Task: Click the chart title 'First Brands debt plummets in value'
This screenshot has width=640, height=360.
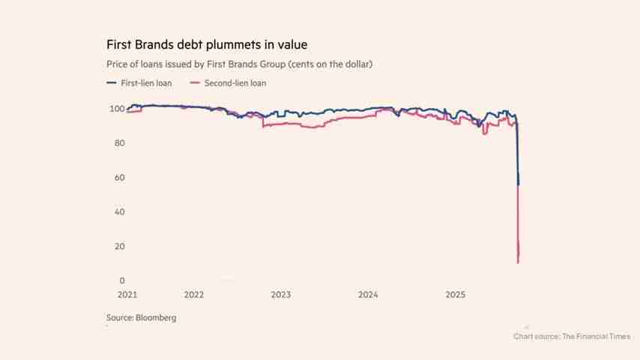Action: [x=207, y=45]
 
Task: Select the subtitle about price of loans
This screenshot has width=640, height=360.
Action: [x=239, y=64]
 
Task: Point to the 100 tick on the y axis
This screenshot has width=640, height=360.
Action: [x=116, y=109]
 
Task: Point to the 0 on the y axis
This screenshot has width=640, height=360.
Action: [x=121, y=281]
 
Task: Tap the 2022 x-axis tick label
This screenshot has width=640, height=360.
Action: [x=193, y=295]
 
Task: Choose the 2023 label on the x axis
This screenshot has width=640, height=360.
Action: [x=281, y=295]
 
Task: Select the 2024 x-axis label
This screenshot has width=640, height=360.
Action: [x=368, y=295]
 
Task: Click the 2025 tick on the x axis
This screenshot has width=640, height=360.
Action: [x=456, y=295]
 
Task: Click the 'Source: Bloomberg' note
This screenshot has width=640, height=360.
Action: [x=141, y=318]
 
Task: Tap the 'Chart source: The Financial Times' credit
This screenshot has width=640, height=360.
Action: [x=572, y=337]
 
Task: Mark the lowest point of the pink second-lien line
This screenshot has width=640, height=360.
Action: [x=518, y=262]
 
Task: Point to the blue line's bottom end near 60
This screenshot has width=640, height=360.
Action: [x=519, y=184]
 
